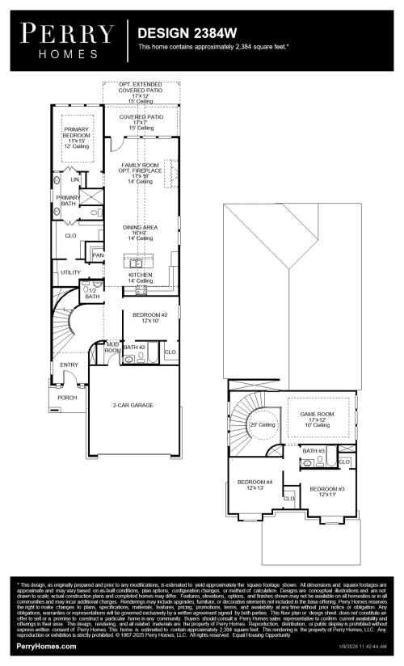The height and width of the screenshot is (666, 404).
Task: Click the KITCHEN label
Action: (x=140, y=275)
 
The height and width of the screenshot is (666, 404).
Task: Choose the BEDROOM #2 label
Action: (x=151, y=314)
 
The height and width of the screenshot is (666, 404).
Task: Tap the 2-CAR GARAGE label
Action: (x=133, y=405)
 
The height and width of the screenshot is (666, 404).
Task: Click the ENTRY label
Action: (x=69, y=365)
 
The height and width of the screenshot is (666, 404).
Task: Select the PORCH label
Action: (x=68, y=397)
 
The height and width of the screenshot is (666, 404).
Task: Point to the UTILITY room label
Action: (x=70, y=272)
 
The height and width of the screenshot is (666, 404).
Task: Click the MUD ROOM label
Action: (x=113, y=348)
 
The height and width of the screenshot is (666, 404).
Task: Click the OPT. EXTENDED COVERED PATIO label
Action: (x=139, y=87)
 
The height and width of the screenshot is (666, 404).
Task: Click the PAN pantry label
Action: (x=99, y=255)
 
